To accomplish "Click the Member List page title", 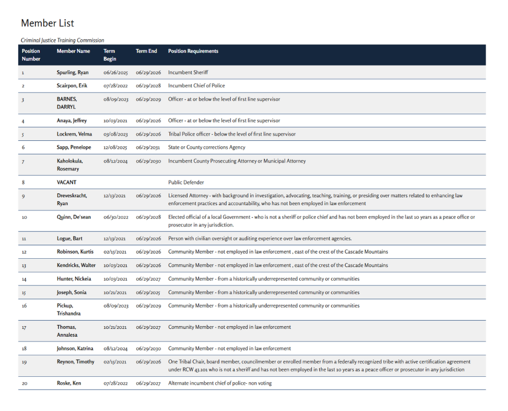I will point(48,23).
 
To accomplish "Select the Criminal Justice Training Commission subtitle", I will point(62,40).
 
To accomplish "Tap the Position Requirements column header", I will point(193,51).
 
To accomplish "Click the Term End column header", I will point(146,51).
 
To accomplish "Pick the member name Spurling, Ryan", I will point(72,72).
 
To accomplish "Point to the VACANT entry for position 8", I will point(66,182).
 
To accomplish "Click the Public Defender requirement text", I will point(186,182).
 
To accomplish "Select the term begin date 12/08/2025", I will point(115,147).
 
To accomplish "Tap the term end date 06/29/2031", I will point(148,147).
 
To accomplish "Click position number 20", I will point(25,384).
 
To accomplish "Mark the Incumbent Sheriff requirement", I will point(188,72).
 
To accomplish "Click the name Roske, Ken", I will point(69,383).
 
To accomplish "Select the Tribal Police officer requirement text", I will point(231,134).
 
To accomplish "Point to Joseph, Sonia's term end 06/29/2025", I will point(148,293).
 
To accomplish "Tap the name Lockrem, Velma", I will point(75,134).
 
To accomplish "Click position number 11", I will point(24,239).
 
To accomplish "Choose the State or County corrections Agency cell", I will point(206,147).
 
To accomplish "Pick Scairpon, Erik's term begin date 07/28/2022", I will point(115,86).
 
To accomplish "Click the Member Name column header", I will point(73,51).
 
